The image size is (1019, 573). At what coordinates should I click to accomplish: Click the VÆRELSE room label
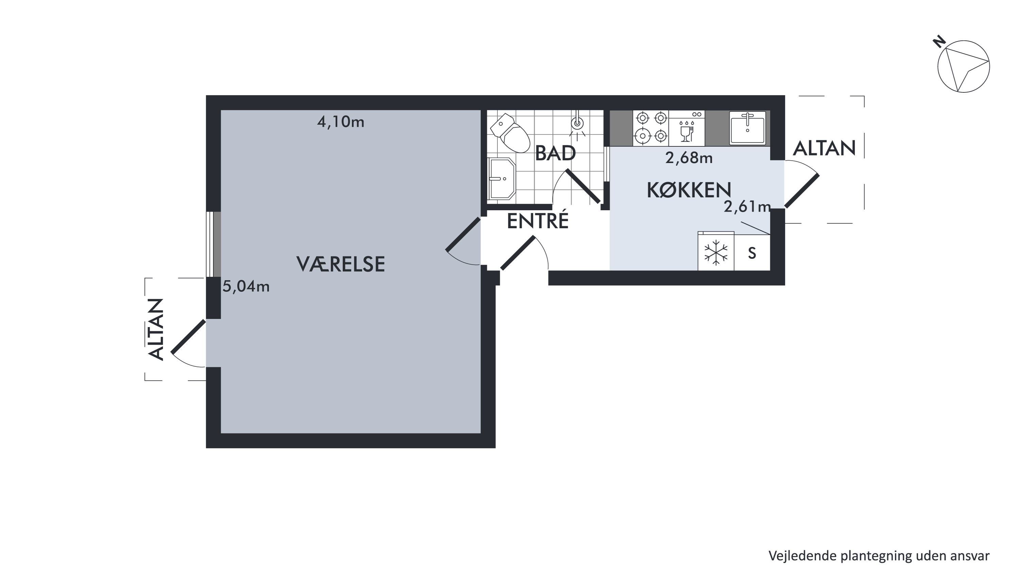(341, 264)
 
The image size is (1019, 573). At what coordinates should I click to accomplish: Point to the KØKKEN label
(689, 190)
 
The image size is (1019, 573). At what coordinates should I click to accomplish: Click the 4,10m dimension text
(341, 122)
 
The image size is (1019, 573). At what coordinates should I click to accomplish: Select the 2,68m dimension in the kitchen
(689, 158)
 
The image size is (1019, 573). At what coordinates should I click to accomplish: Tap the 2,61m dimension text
(747, 207)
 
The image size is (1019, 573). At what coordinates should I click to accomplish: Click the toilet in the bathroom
(510, 133)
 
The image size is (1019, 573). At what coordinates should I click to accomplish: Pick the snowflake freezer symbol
(716, 252)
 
